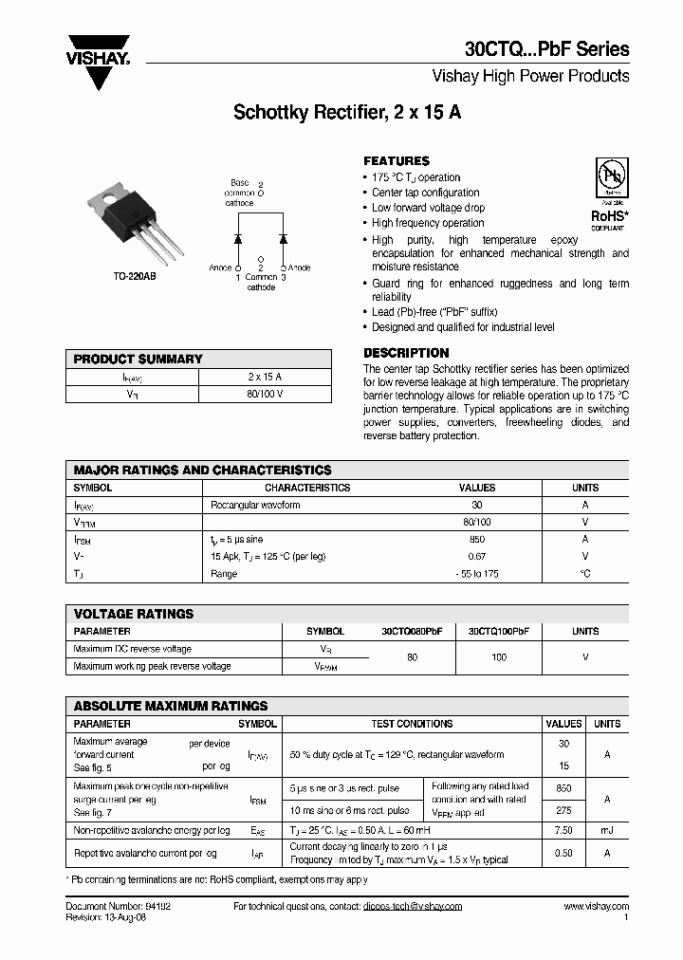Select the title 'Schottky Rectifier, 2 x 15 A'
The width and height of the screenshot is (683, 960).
click(347, 112)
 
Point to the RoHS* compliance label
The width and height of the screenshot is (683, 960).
click(608, 216)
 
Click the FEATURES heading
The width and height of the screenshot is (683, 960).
click(397, 161)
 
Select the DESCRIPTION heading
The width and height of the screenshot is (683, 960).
click(406, 353)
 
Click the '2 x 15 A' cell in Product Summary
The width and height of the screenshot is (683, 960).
click(265, 377)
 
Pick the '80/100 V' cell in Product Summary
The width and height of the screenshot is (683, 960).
click(265, 394)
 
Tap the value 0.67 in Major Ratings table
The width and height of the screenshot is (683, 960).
click(477, 556)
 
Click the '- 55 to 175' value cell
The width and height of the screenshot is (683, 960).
click(477, 574)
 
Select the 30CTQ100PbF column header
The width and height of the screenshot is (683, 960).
click(499, 631)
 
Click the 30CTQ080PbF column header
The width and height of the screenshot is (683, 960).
click(412, 631)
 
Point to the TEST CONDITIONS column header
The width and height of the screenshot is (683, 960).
click(411, 724)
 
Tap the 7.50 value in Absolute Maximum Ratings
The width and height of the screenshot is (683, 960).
click(563, 830)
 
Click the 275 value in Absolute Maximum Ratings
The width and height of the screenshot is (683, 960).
click(563, 811)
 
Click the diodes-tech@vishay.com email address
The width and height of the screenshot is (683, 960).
click(412, 906)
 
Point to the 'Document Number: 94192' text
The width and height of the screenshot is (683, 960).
click(119, 906)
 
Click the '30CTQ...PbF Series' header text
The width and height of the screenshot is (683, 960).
click(546, 50)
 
